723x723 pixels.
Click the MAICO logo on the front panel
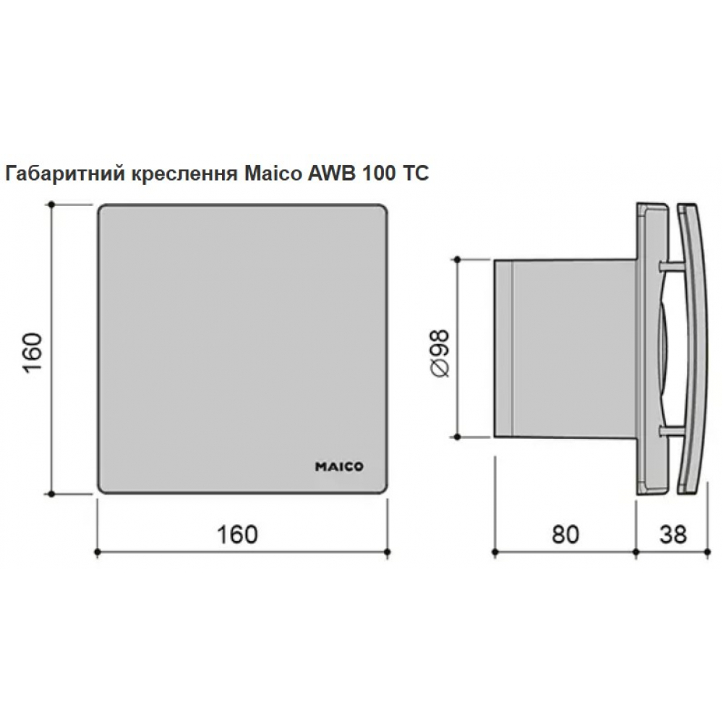coord(339,466)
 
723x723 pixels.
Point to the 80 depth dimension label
coord(565,534)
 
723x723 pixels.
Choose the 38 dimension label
coord(672,534)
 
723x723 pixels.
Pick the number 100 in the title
coord(375,174)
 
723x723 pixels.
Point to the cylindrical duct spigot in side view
coord(564,347)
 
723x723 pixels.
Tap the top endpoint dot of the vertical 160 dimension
coord(51,205)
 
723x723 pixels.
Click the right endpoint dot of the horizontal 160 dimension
coord(388,553)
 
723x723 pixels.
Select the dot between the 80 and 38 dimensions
coord(636,553)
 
